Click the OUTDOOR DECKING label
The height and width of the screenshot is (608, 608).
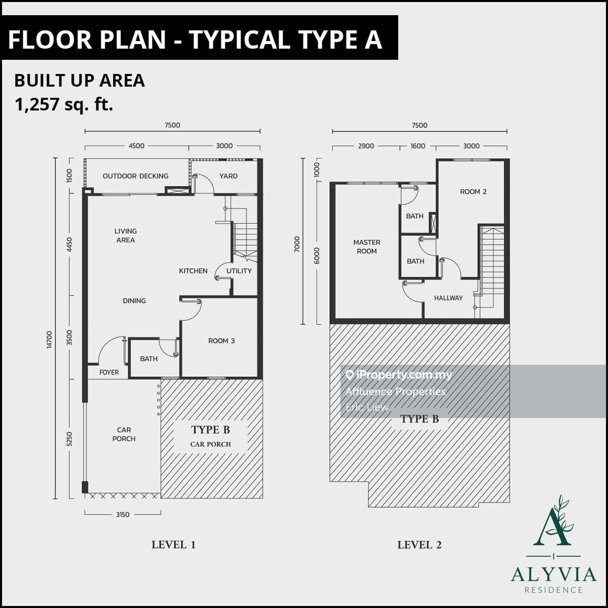(135, 176)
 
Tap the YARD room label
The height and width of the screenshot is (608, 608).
(229, 176)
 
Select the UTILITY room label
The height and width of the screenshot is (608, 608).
(239, 271)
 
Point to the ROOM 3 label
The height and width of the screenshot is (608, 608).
(221, 341)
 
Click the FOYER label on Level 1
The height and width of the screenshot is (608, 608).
(109, 372)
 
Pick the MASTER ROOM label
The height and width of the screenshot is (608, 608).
(367, 247)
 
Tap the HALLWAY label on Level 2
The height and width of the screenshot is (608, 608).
(448, 298)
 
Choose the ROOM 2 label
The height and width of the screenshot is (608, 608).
(473, 192)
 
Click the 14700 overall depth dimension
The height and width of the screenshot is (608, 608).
(49, 339)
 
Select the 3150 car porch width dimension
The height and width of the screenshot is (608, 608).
(123, 515)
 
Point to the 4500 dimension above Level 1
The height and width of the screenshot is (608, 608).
(136, 146)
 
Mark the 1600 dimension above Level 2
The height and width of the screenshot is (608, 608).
(417, 146)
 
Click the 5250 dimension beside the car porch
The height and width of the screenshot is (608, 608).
(70, 439)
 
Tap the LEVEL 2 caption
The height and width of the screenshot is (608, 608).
(420, 545)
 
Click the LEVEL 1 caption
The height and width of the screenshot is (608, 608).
(174, 545)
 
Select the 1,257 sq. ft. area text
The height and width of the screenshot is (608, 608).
(64, 104)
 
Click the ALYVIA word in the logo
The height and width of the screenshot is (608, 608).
(554, 575)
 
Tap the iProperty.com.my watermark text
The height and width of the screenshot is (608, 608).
(404, 375)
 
